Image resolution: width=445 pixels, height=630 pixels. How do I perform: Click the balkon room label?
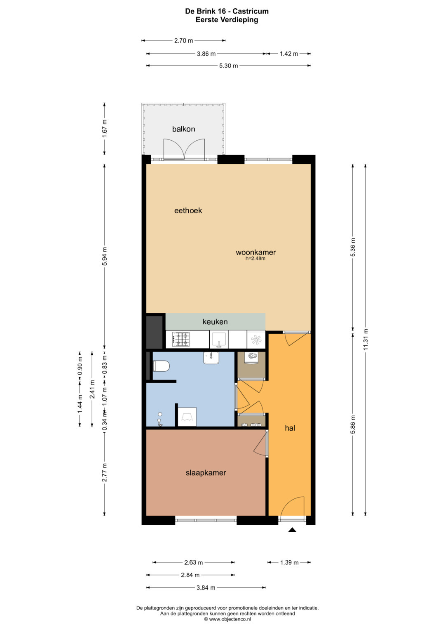pos(183,129)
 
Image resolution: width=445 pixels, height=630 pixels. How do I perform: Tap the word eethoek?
pos(188,211)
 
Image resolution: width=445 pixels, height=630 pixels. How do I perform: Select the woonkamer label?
pos(255,252)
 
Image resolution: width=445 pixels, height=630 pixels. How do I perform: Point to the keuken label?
pos(215,321)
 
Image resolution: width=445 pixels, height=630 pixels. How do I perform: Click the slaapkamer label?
pos(206,473)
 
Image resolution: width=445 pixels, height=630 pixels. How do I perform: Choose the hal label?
pos(290,428)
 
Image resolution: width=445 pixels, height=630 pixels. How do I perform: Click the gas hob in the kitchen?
pos(180,340)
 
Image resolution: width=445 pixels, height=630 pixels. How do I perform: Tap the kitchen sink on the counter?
pos(219,340)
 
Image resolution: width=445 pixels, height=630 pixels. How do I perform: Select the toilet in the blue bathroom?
pos(161,366)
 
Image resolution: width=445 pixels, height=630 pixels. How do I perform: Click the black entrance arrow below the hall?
pos(293,530)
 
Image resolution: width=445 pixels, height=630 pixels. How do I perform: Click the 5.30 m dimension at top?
pos(228,66)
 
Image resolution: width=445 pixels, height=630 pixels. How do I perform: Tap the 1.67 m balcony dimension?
pos(105,129)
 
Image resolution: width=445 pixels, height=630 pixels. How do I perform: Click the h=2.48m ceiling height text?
pos(255,259)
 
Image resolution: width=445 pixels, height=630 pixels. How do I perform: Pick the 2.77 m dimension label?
pos(105,472)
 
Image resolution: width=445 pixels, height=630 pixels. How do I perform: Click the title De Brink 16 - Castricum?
pos(227,11)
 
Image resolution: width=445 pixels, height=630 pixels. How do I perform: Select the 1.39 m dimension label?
pos(289,562)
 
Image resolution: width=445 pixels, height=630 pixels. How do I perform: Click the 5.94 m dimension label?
pos(105,256)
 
